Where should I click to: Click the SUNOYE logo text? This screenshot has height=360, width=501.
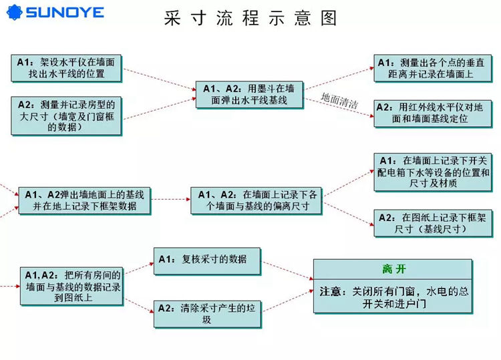pyautogui.click(x=65, y=13)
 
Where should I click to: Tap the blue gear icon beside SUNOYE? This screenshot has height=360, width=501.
pyautogui.click(x=15, y=13)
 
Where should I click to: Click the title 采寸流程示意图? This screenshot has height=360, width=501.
pyautogui.click(x=251, y=17)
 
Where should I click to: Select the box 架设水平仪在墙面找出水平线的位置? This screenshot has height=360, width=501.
pyautogui.click(x=66, y=68)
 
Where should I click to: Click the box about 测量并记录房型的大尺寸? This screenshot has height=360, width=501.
pyautogui.click(x=66, y=116)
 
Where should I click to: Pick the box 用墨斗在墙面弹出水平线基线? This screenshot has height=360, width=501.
pyautogui.click(x=250, y=95)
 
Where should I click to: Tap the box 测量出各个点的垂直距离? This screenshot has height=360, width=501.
pyautogui.click(x=433, y=68)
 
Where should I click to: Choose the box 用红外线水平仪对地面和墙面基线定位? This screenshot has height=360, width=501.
pyautogui.click(x=433, y=114)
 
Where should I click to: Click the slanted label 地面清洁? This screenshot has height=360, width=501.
pyautogui.click(x=339, y=101)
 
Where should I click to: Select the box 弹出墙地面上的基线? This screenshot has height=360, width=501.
pyautogui.click(x=85, y=200)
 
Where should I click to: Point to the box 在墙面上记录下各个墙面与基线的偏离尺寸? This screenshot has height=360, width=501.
pyautogui.click(x=257, y=200)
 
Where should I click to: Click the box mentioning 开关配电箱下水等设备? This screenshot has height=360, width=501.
pyautogui.click(x=433, y=172)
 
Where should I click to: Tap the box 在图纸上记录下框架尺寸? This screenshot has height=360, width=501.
pyautogui.click(x=433, y=223)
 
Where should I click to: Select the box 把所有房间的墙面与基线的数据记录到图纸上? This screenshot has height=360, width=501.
pyautogui.click(x=72, y=287)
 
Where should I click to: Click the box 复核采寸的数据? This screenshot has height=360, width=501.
pyautogui.click(x=207, y=261)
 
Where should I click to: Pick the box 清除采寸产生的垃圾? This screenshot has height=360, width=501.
pyautogui.click(x=207, y=315)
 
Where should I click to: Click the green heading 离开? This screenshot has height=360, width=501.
pyautogui.click(x=393, y=269)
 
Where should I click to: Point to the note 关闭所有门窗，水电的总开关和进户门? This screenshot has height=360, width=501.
pyautogui.click(x=393, y=297)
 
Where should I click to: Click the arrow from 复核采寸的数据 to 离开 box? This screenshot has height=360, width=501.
pyautogui.click(x=288, y=271)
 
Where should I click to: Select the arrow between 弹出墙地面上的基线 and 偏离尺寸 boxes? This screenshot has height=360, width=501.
pyautogui.click(x=171, y=199)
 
